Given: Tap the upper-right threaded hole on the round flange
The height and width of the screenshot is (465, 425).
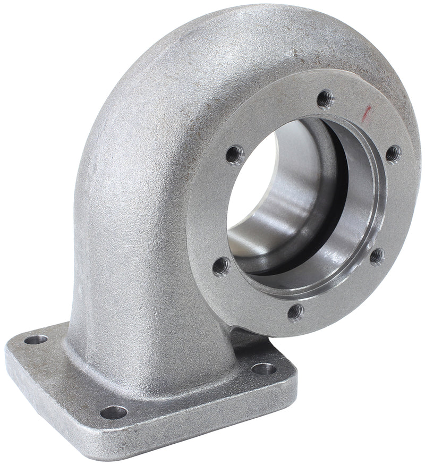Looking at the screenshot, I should pos(393,154).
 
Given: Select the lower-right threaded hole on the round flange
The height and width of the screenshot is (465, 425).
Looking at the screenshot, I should pos(376,256).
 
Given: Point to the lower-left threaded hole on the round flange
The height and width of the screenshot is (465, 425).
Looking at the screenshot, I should pos(222,266).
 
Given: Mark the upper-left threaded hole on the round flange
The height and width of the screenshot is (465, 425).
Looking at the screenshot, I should pos(234,155).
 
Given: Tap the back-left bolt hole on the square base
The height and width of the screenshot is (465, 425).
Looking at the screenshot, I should pos(36,339).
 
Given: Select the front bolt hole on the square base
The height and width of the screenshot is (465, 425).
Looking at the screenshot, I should pos(114,412).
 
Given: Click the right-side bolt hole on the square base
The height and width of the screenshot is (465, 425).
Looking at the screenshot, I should pos(264,368).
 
